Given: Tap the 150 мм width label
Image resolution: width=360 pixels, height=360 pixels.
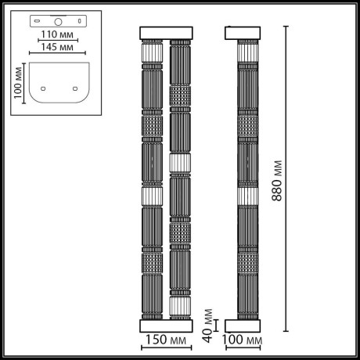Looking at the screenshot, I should click(x=165, y=341).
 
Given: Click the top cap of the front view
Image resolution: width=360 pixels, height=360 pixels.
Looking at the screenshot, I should click(x=165, y=33).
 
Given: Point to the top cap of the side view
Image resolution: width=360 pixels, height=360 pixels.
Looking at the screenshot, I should click(x=243, y=33).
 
